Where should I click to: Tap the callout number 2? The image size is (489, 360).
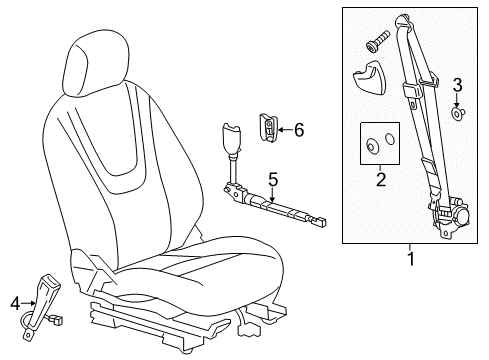pyautogui.click(x=379, y=180)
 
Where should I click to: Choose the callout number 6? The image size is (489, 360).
pyautogui.click(x=297, y=128)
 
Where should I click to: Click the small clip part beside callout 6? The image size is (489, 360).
pyautogui.click(x=269, y=127)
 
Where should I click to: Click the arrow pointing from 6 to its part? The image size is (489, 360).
pyautogui.click(x=283, y=128)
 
